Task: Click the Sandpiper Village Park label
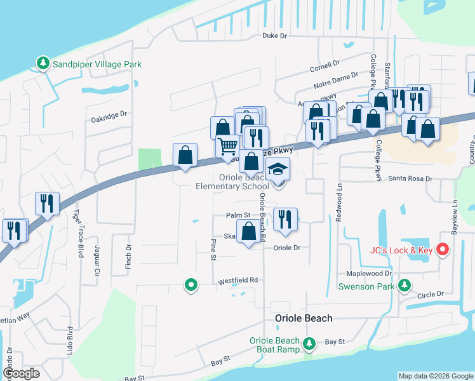pos(97,64)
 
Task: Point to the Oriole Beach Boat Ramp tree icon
pos(309,344)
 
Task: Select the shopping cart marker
pos(227,147)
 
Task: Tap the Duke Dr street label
pos(275,36)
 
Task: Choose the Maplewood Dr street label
pos(369,274)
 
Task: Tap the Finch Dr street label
pos(128,255)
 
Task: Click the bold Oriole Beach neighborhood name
pos(303,318)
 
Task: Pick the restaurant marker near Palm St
pos(285,220)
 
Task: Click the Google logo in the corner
pos(20,373)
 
